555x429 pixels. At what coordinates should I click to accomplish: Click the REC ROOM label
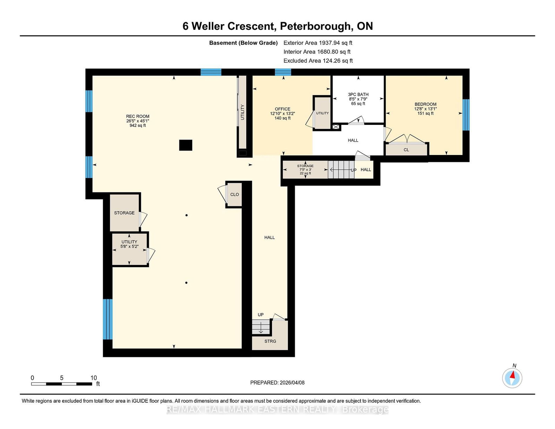[x=138, y=117]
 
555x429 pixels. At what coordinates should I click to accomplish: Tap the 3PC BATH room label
[x=358, y=95]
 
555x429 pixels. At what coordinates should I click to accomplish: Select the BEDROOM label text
[x=425, y=104]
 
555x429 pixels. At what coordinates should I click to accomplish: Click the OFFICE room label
[x=282, y=109]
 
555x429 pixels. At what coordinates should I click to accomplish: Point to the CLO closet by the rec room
[x=234, y=195]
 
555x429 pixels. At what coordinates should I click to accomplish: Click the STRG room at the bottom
[x=270, y=341]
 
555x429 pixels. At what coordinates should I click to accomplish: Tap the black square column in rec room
[x=186, y=145]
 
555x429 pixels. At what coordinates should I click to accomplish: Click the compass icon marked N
[x=512, y=378]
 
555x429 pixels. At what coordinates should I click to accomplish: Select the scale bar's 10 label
[x=94, y=378]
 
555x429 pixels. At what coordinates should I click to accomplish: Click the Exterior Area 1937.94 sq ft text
[x=318, y=43]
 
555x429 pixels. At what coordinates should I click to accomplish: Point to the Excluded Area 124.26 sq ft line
[x=318, y=61]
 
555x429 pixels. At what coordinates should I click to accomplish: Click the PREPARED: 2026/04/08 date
[x=277, y=383]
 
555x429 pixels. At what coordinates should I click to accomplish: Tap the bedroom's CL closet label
[x=406, y=150]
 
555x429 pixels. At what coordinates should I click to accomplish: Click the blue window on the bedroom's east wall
[x=466, y=115]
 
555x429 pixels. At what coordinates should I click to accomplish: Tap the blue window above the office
[x=283, y=72]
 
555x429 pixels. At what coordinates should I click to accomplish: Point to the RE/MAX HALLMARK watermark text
[x=277, y=410]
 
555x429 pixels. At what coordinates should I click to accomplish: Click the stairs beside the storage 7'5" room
[x=341, y=170]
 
